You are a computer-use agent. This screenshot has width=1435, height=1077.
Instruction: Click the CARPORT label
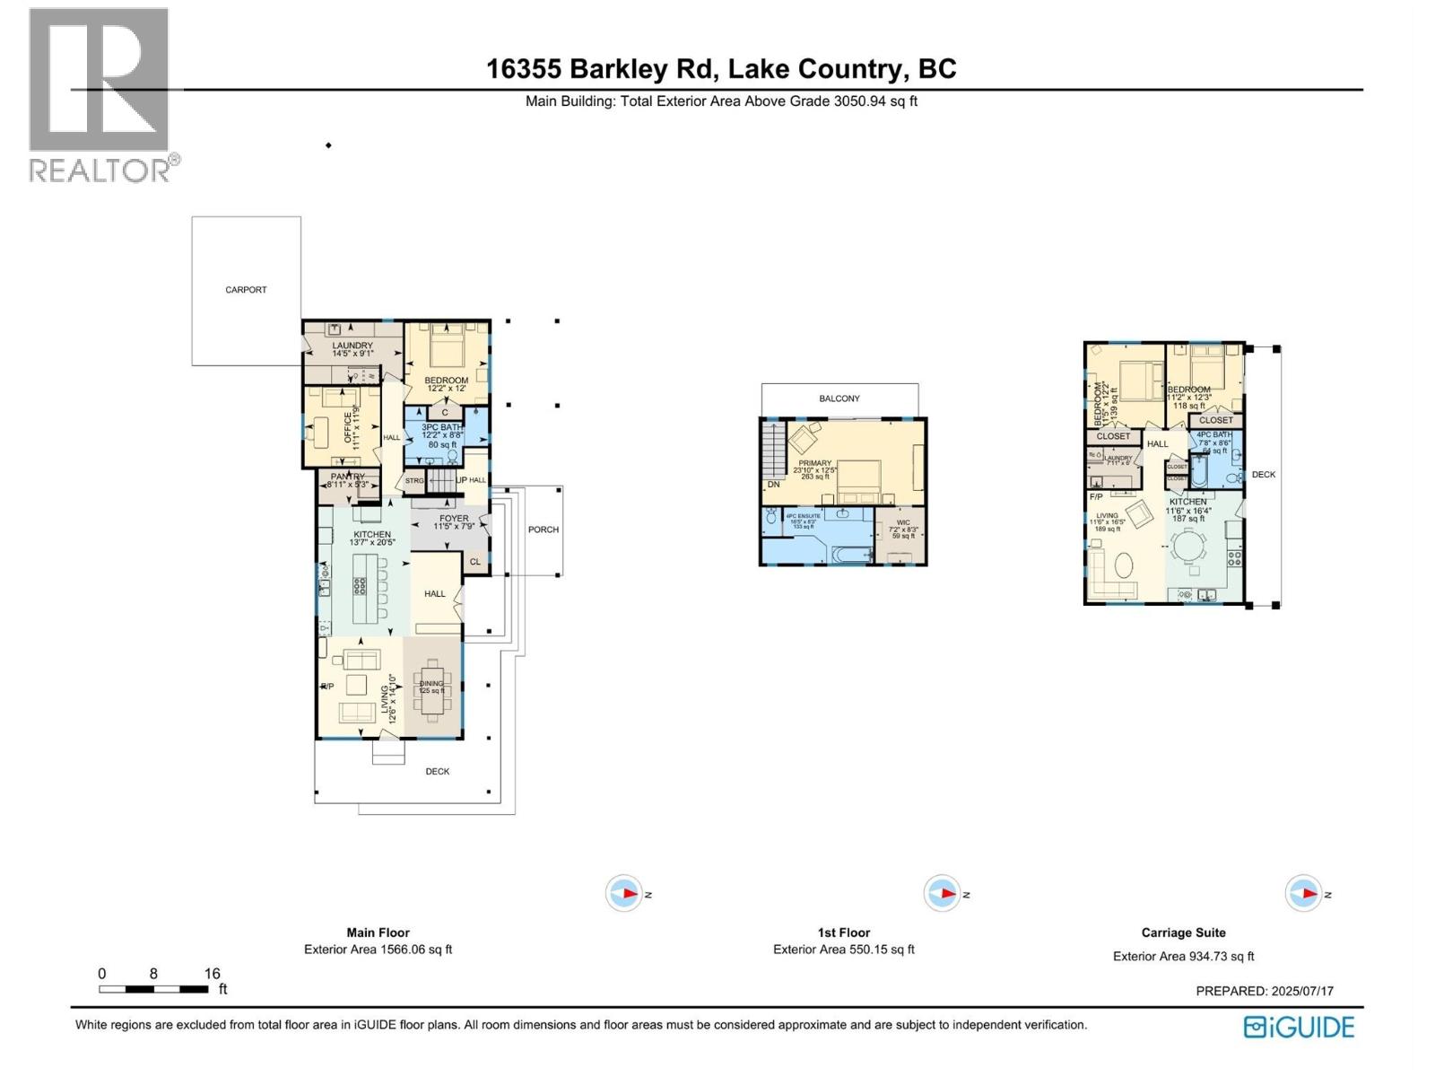[246, 290]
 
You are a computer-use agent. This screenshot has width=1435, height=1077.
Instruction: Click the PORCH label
[543, 530]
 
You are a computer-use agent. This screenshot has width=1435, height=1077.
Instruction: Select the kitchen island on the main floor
[361, 588]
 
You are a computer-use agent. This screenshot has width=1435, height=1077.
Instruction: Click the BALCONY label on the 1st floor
[839, 398]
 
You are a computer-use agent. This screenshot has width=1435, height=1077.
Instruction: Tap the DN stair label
[773, 485]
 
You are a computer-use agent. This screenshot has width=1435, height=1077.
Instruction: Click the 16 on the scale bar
[212, 974]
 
